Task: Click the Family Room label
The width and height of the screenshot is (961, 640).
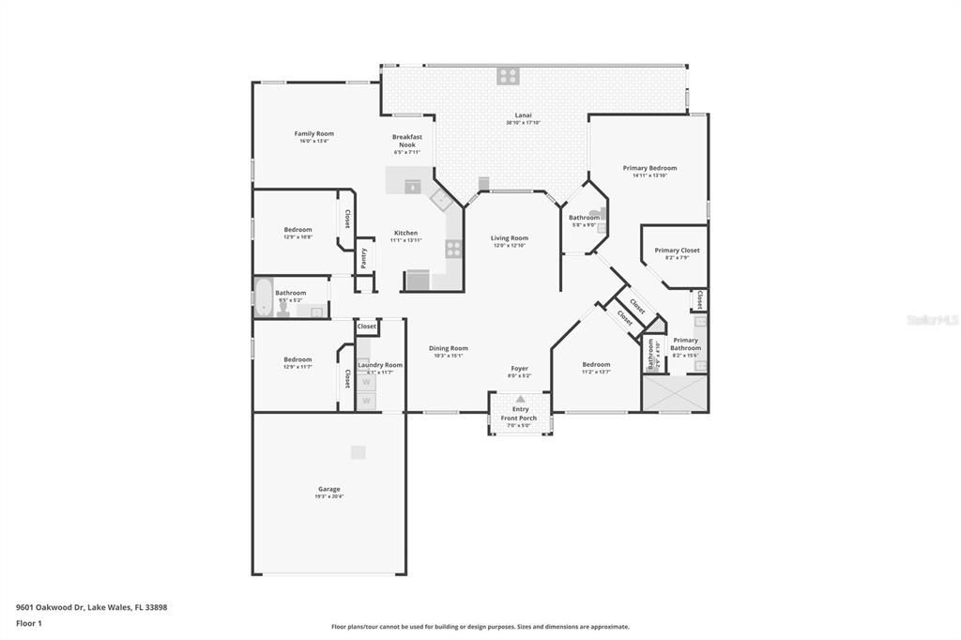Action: pyautogui.click(x=313, y=134)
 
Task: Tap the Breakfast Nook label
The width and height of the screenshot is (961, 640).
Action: pyautogui.click(x=407, y=141)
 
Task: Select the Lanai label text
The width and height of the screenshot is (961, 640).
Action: pyautogui.click(x=523, y=115)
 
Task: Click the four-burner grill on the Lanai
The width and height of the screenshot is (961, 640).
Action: pyautogui.click(x=508, y=76)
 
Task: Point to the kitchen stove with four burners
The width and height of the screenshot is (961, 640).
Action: pyautogui.click(x=453, y=249)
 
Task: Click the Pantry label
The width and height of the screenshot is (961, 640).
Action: pyautogui.click(x=364, y=258)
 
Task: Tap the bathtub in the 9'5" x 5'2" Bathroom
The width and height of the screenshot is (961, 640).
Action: pyautogui.click(x=264, y=298)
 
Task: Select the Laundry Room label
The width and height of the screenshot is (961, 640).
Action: pyautogui.click(x=380, y=365)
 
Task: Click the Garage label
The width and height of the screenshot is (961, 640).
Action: pyautogui.click(x=328, y=489)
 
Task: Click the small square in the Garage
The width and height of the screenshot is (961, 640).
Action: pyautogui.click(x=358, y=452)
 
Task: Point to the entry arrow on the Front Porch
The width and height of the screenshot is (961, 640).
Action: pyautogui.click(x=520, y=399)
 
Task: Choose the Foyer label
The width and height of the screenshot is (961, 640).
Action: pyautogui.click(x=519, y=369)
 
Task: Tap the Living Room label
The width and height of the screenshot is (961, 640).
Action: pyautogui.click(x=509, y=238)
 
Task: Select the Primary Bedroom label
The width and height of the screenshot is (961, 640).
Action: pyautogui.click(x=649, y=168)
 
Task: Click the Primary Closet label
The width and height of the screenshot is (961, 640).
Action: pyautogui.click(x=676, y=251)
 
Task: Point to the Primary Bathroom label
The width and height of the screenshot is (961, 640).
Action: pyautogui.click(x=685, y=343)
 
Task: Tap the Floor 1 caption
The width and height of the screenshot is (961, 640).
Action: pyautogui.click(x=28, y=623)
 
